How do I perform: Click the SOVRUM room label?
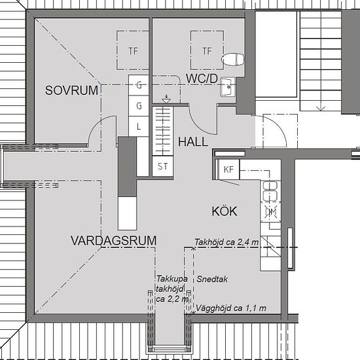click(72, 91)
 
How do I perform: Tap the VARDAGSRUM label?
click(113, 241)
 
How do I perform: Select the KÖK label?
click(225, 211)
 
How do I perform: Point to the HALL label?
click(193, 141)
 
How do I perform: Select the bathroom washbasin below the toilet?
click(228, 86)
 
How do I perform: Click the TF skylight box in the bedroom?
click(134, 51)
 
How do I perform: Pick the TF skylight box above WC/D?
click(207, 51)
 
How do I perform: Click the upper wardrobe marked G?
click(139, 84)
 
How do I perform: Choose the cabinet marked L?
click(139, 126)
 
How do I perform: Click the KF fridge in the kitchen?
click(228, 170)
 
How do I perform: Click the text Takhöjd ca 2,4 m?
click(226, 243)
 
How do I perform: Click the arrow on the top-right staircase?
click(321, 105)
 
